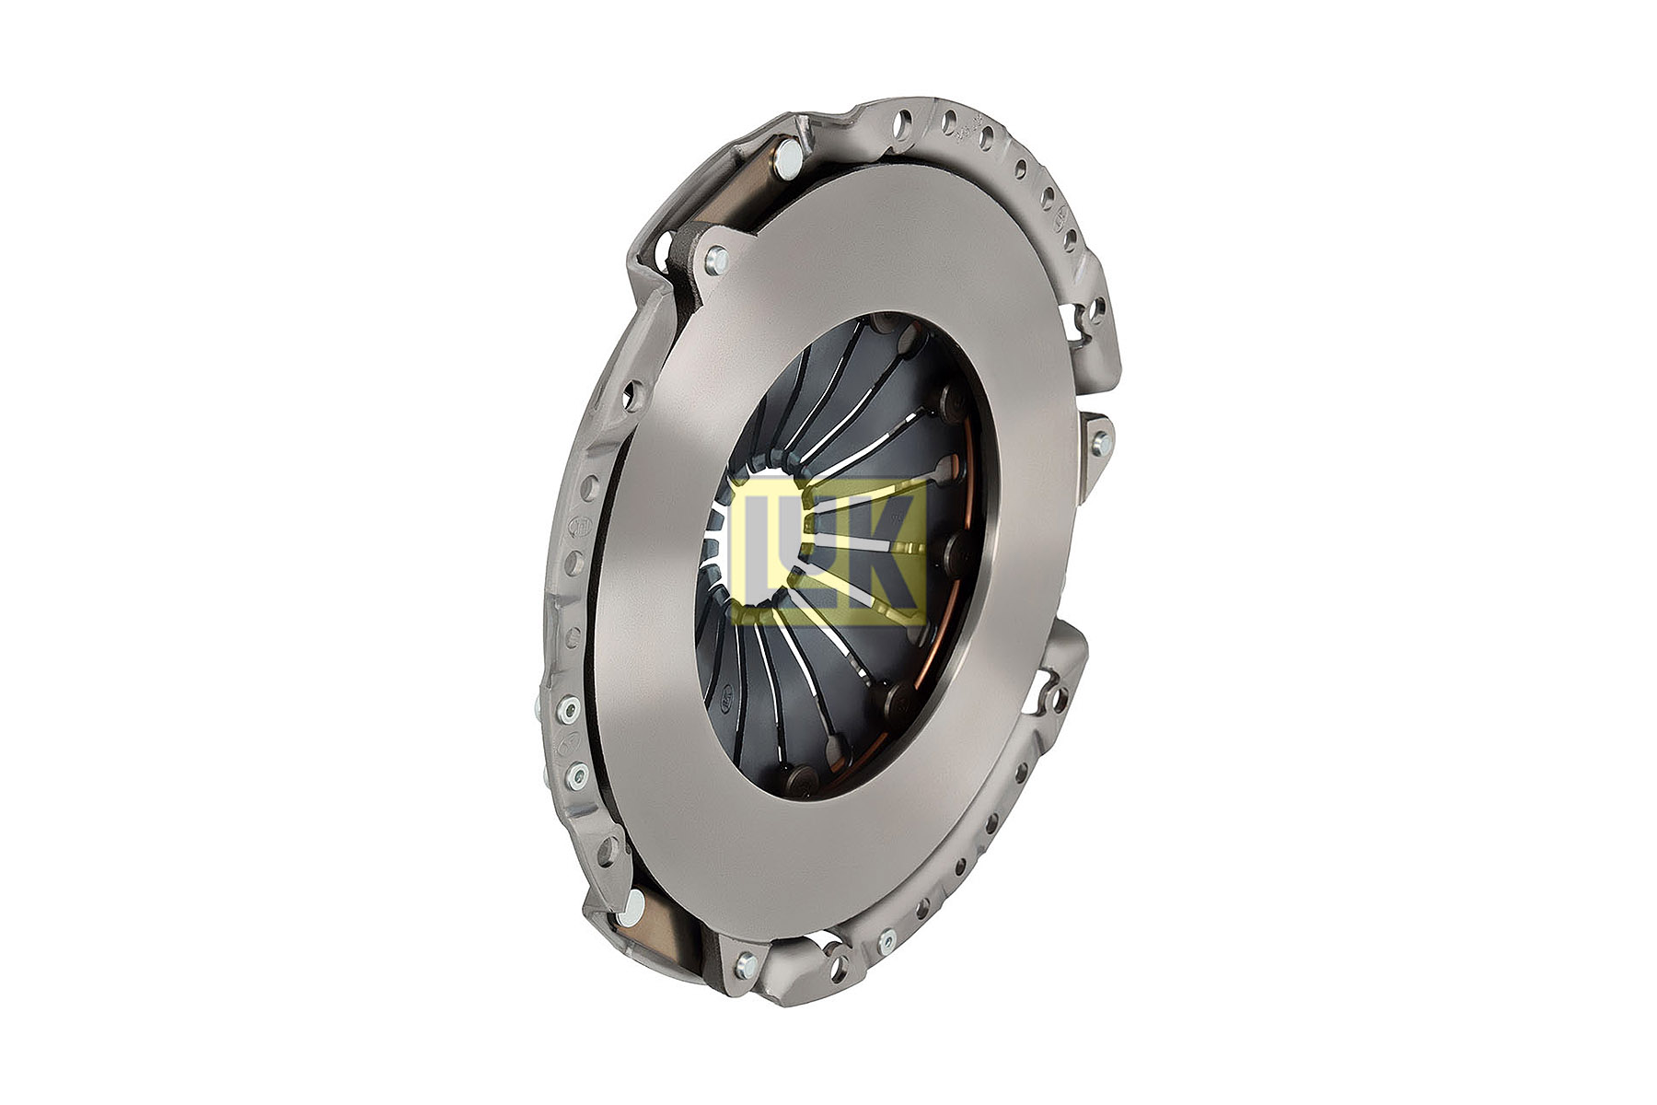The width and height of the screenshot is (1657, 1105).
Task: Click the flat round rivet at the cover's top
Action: [x=788, y=162]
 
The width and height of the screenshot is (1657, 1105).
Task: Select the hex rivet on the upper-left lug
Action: [x=716, y=261]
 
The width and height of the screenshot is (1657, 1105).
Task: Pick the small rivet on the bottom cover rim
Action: [x=887, y=940]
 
